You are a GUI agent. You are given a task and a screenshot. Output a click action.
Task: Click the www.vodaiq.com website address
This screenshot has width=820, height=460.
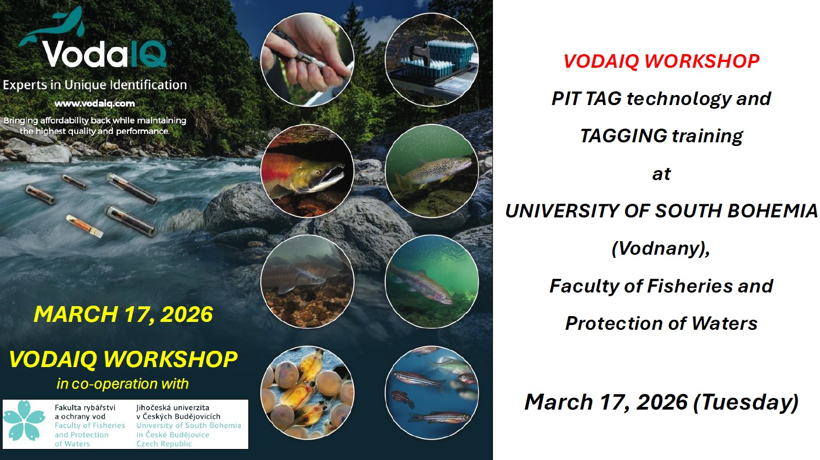click(x=94, y=103)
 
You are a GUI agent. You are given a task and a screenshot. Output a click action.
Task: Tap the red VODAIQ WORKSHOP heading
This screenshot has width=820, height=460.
click(x=661, y=61)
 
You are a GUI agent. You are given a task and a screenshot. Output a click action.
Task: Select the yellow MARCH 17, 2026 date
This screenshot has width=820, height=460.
click(x=123, y=314)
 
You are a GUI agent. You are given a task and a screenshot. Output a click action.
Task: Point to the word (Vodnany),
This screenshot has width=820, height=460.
click(x=661, y=248)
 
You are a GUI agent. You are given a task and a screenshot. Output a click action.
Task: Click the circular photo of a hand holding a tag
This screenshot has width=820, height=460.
click(x=307, y=60)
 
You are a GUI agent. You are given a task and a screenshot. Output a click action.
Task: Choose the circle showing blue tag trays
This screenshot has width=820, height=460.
click(x=432, y=60)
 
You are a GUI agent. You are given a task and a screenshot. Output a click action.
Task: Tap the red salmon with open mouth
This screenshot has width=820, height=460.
click(x=307, y=171)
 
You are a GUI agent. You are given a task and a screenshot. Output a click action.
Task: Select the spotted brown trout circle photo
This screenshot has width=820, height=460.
click(x=432, y=171)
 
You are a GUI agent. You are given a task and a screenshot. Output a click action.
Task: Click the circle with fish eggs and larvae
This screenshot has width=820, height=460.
click(x=307, y=393)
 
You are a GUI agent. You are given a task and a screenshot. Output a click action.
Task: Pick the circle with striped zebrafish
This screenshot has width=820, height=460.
click(x=432, y=393)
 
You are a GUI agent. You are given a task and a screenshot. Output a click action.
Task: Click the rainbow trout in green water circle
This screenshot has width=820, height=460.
click(x=432, y=282)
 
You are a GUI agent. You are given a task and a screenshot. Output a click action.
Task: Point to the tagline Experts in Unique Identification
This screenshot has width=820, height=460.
click(x=95, y=85)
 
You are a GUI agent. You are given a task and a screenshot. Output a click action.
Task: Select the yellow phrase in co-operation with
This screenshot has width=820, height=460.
click(x=122, y=384)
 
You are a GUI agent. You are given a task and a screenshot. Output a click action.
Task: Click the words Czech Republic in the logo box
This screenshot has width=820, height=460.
click(x=164, y=444)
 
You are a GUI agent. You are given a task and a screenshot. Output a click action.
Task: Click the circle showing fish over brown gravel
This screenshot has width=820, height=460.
click(x=307, y=282)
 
